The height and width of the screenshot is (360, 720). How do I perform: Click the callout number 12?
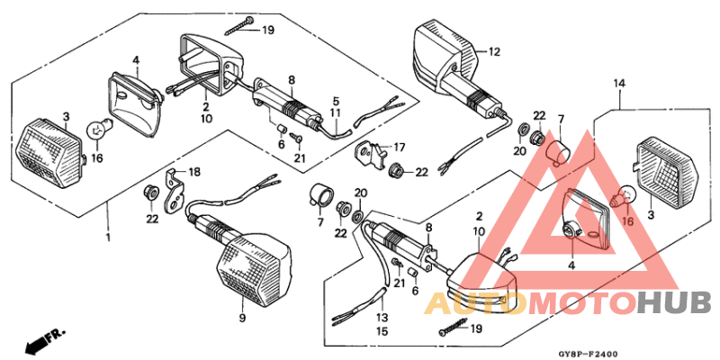(494, 51)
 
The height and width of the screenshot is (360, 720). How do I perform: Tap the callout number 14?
(618, 84)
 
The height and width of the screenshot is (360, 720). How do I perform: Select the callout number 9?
(242, 318)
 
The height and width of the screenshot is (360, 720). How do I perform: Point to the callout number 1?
(108, 238)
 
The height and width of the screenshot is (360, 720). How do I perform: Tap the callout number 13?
(382, 318)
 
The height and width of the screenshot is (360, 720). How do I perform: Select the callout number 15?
(382, 332)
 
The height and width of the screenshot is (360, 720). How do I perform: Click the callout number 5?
(335, 101)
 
